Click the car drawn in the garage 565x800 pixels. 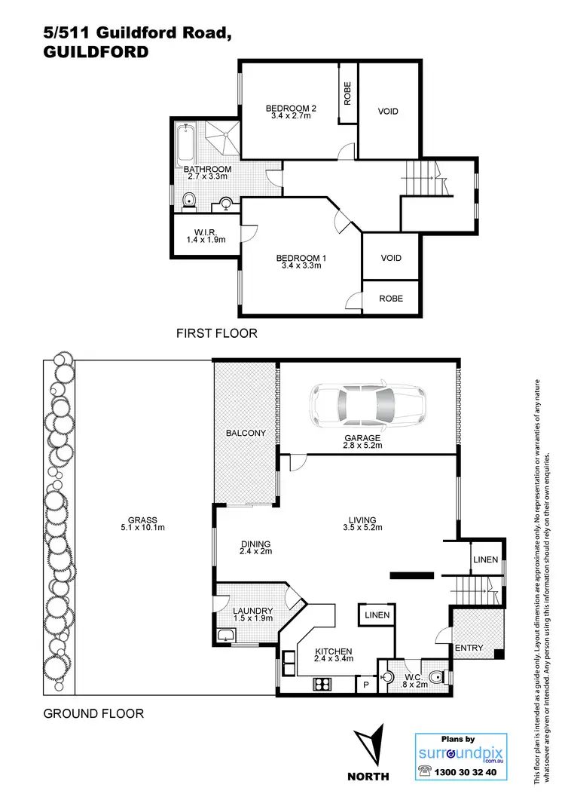point(368,406)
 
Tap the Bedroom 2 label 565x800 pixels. point(291,109)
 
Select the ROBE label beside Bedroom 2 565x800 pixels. point(347,96)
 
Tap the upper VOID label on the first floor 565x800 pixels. point(388,112)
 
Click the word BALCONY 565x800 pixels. point(246,433)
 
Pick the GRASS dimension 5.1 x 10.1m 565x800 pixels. point(142,528)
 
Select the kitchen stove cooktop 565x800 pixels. point(323,684)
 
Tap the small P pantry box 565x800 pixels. point(366,685)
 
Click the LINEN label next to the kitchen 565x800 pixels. point(377,615)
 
